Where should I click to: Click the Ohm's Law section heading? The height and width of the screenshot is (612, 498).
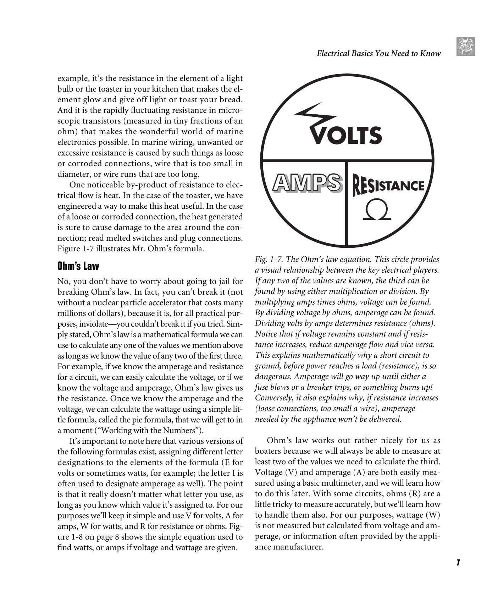[x=78, y=266]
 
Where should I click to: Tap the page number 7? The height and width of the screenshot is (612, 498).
[x=458, y=563]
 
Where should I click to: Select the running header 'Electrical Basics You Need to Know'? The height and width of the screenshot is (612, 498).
[x=378, y=54]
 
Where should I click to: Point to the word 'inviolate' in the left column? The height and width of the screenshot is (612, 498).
[x=95, y=324]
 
